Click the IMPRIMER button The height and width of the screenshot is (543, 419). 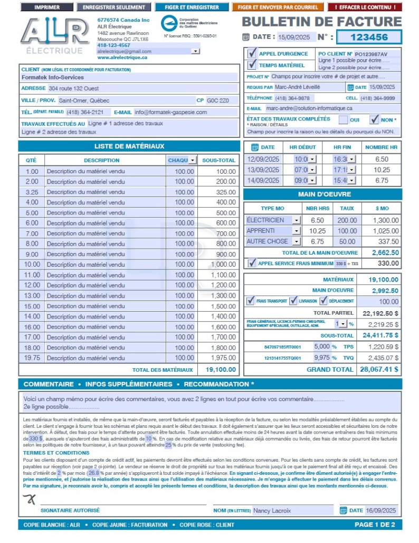47,7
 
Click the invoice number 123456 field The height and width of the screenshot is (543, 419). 369,37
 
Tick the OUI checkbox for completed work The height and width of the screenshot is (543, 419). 343,119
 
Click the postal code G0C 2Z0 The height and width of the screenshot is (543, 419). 217,100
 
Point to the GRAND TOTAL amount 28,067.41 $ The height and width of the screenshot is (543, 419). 379,369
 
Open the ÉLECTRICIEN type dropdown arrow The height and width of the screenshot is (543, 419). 296,220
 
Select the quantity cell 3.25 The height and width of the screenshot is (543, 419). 32,192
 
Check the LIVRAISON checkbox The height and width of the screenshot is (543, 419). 293,301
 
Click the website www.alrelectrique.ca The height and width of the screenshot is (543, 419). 122,58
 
